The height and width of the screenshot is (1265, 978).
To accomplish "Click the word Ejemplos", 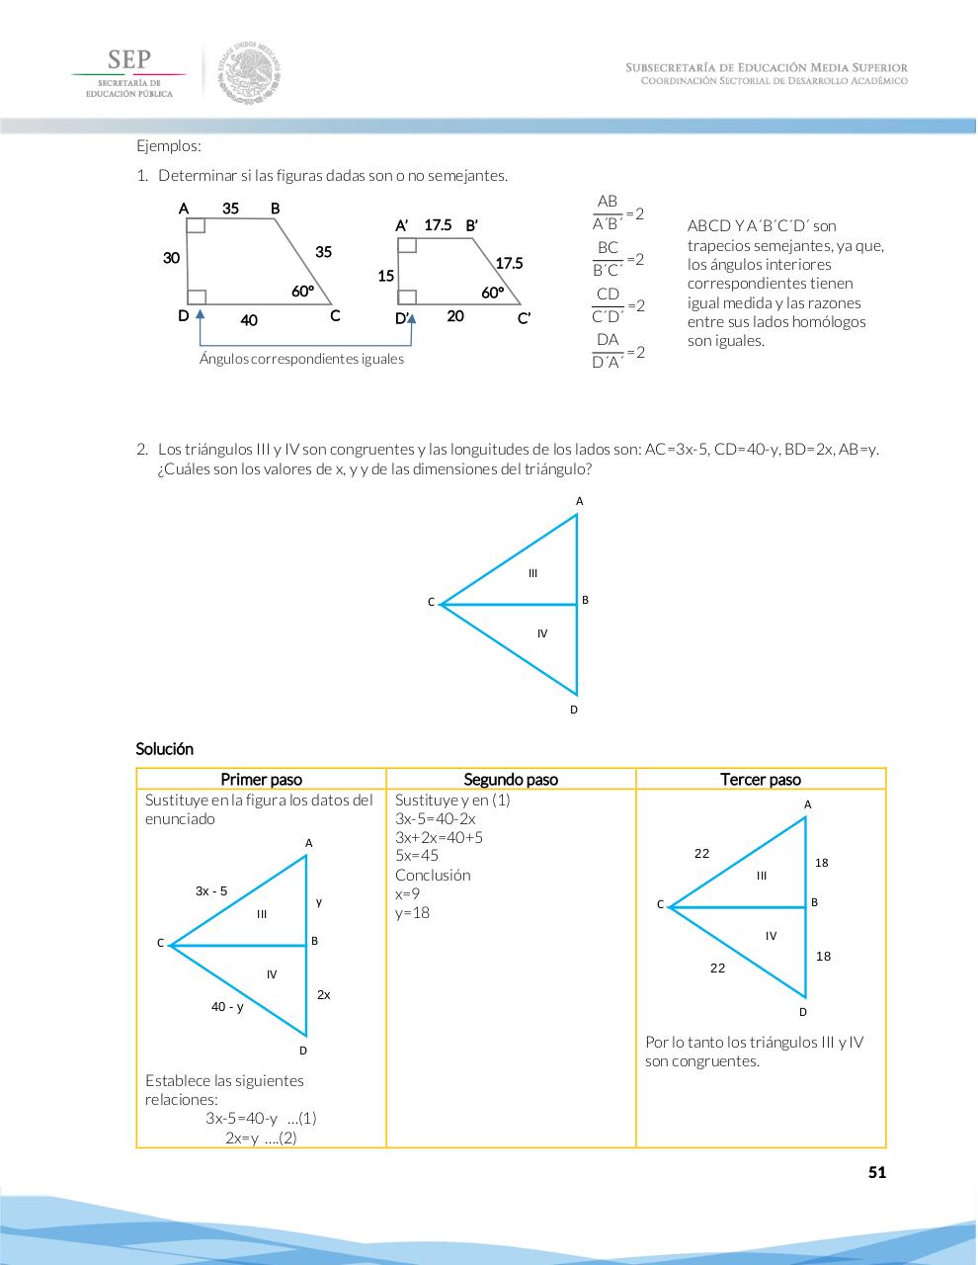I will click(x=169, y=146).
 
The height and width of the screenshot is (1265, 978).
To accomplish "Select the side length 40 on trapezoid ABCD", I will click(x=248, y=320).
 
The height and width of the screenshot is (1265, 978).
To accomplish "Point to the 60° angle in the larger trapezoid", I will click(x=302, y=292).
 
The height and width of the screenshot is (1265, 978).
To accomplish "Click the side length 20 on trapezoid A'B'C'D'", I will click(x=455, y=316).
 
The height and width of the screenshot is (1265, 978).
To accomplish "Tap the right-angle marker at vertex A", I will click(x=196, y=226).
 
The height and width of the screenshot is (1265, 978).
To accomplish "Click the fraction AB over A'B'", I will click(x=608, y=212).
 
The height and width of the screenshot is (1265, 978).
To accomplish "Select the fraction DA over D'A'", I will click(x=608, y=351).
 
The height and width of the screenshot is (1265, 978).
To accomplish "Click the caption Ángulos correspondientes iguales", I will click(x=301, y=359).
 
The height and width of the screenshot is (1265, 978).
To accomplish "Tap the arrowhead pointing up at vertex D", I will click(x=201, y=312).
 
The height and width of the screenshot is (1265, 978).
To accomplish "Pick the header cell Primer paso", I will click(x=261, y=780).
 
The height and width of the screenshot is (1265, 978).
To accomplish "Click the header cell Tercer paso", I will click(x=761, y=780).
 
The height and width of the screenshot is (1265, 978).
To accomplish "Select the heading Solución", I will click(x=165, y=749).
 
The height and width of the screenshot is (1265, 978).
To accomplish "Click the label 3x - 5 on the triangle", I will click(x=211, y=891).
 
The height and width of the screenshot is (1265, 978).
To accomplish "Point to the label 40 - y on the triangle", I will click(x=227, y=1007).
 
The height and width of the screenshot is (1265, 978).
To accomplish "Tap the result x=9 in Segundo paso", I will click(x=407, y=893).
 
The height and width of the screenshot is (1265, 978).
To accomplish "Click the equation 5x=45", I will click(x=417, y=856).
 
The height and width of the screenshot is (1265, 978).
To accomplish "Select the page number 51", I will click(x=876, y=1173).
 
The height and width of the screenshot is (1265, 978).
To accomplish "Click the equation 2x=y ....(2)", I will click(x=261, y=1138).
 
